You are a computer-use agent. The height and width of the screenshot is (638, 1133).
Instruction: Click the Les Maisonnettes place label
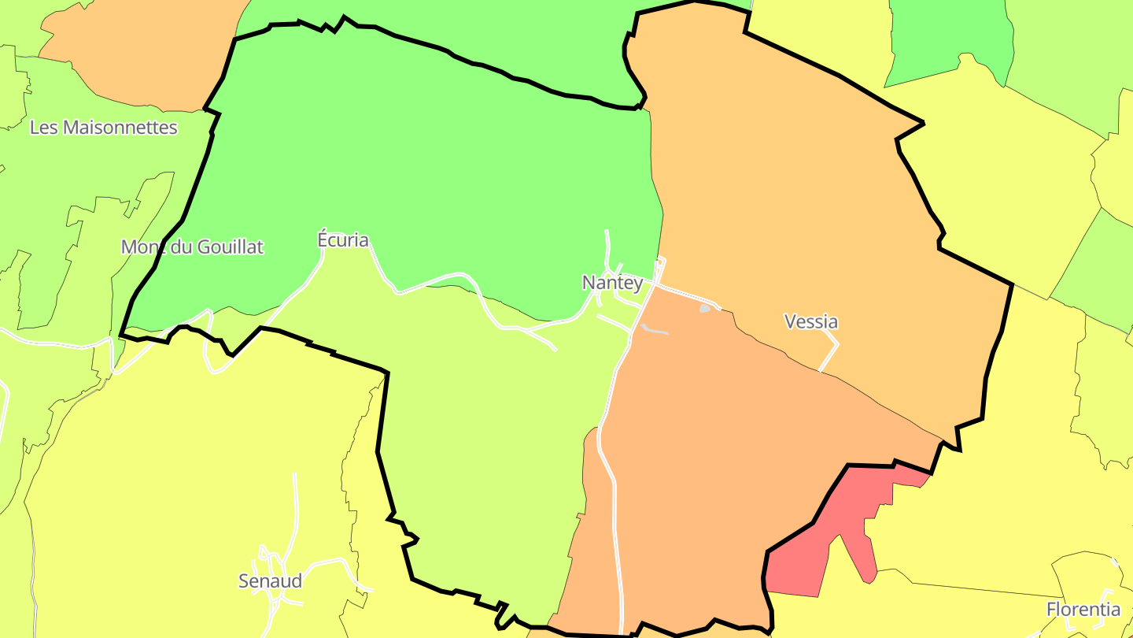pos(103,128)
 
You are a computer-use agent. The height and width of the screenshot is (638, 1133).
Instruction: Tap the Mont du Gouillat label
pos(192,247)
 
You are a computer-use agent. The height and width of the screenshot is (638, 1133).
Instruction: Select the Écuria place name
pos(342,240)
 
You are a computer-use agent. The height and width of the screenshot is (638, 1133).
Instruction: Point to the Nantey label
pos(611,283)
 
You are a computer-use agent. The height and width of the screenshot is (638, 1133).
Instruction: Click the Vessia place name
pos(811,321)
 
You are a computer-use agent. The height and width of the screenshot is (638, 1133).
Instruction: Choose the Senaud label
pos(270,581)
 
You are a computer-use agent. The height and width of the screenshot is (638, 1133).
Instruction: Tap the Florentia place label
pos(1083,609)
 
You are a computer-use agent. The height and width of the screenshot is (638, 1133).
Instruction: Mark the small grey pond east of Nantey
pos(705,309)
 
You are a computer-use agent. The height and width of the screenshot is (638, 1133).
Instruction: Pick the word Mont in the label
pos(139,247)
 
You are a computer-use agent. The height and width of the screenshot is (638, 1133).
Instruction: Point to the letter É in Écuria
pos(322,239)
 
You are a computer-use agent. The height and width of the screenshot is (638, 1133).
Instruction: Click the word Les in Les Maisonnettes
pos(42,128)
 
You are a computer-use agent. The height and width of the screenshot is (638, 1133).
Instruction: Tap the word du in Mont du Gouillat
pos(175,247)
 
